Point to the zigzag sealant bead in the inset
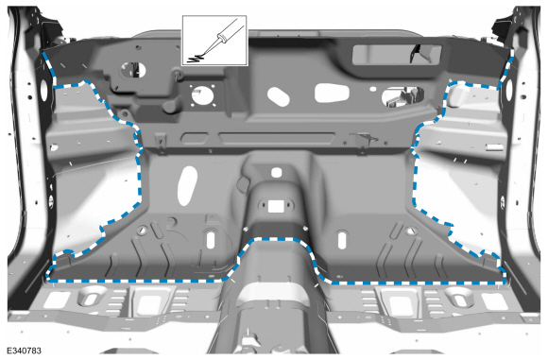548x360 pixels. [x=195, y=58]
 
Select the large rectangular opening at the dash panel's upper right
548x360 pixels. [x=397, y=55]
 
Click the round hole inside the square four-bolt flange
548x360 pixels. [x=202, y=94]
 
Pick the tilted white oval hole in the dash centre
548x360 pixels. [x=278, y=96]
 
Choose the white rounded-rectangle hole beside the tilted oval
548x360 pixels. [x=332, y=93]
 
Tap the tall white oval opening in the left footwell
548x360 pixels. [x=187, y=185]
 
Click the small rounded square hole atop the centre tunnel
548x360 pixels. [x=277, y=172]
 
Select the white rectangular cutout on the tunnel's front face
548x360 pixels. [x=277, y=206]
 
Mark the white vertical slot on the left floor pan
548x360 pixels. [x=211, y=240]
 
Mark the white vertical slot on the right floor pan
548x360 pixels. [x=342, y=240]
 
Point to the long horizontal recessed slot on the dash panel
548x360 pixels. [x=277, y=137]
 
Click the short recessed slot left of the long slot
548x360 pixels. [x=195, y=138]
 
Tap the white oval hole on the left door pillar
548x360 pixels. [x=44, y=90]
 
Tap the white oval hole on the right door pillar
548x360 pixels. [x=509, y=90]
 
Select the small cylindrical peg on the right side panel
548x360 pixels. [x=495, y=147]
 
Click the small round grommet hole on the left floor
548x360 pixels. [x=143, y=230]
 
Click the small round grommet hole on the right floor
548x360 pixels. [x=411, y=231]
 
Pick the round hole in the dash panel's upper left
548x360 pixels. [x=133, y=70]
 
